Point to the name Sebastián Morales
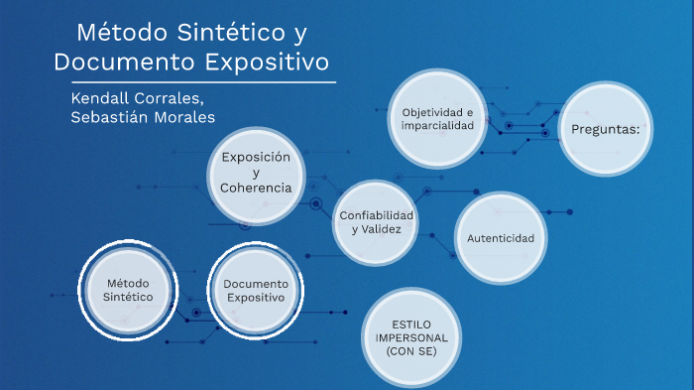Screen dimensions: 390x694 click(143, 118)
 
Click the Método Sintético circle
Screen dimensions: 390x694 click(129, 291)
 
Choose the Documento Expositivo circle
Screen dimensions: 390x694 click(255, 291)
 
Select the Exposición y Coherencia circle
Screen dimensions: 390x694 click(256, 173)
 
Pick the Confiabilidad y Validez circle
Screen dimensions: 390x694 click(376, 223)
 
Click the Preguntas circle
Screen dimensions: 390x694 click(606, 129)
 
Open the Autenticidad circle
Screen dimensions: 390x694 click(501, 239)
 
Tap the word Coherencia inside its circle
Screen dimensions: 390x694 click(256, 188)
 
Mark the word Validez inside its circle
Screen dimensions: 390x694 click(382, 230)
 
